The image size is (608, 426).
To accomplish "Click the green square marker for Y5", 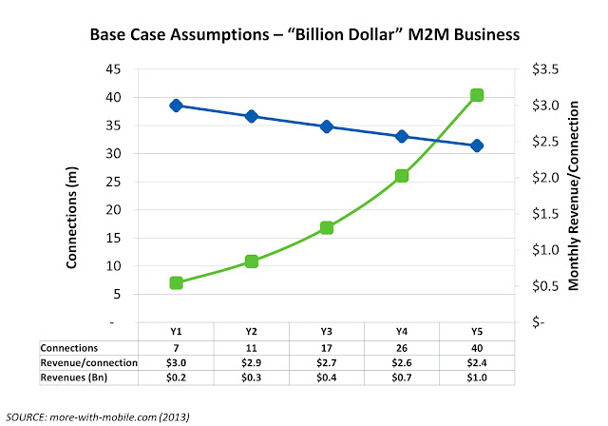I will point(477,95).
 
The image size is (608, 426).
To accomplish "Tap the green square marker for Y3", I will point(327,228).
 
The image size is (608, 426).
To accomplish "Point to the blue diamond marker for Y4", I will point(402,137).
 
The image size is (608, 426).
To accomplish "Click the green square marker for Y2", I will point(252,261).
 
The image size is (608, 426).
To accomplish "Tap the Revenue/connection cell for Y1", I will point(176,363).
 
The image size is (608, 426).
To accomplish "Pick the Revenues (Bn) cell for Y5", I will point(477,378).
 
